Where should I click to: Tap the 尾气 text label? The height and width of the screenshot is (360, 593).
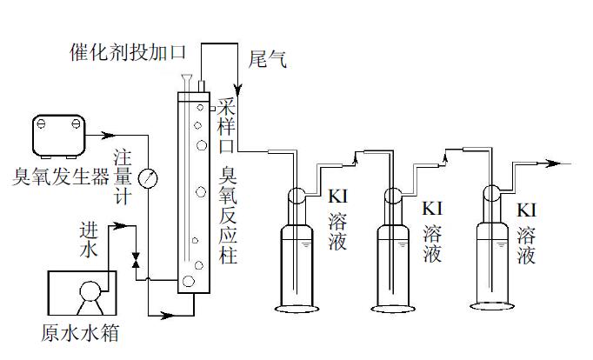266,60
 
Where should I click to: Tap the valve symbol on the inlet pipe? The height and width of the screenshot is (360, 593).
136,259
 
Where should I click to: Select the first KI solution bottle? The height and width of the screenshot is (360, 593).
296,261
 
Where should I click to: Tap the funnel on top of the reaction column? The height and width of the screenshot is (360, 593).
187,83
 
